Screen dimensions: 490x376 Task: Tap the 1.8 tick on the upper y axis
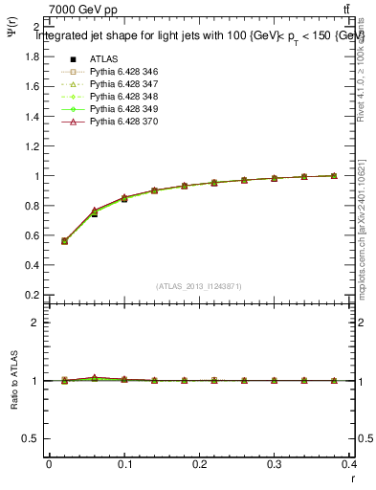[36, 56]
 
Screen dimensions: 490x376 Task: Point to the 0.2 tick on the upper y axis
[36, 295]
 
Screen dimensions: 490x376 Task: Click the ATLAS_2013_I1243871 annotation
[198, 286]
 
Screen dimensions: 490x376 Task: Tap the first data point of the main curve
[64, 241]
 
